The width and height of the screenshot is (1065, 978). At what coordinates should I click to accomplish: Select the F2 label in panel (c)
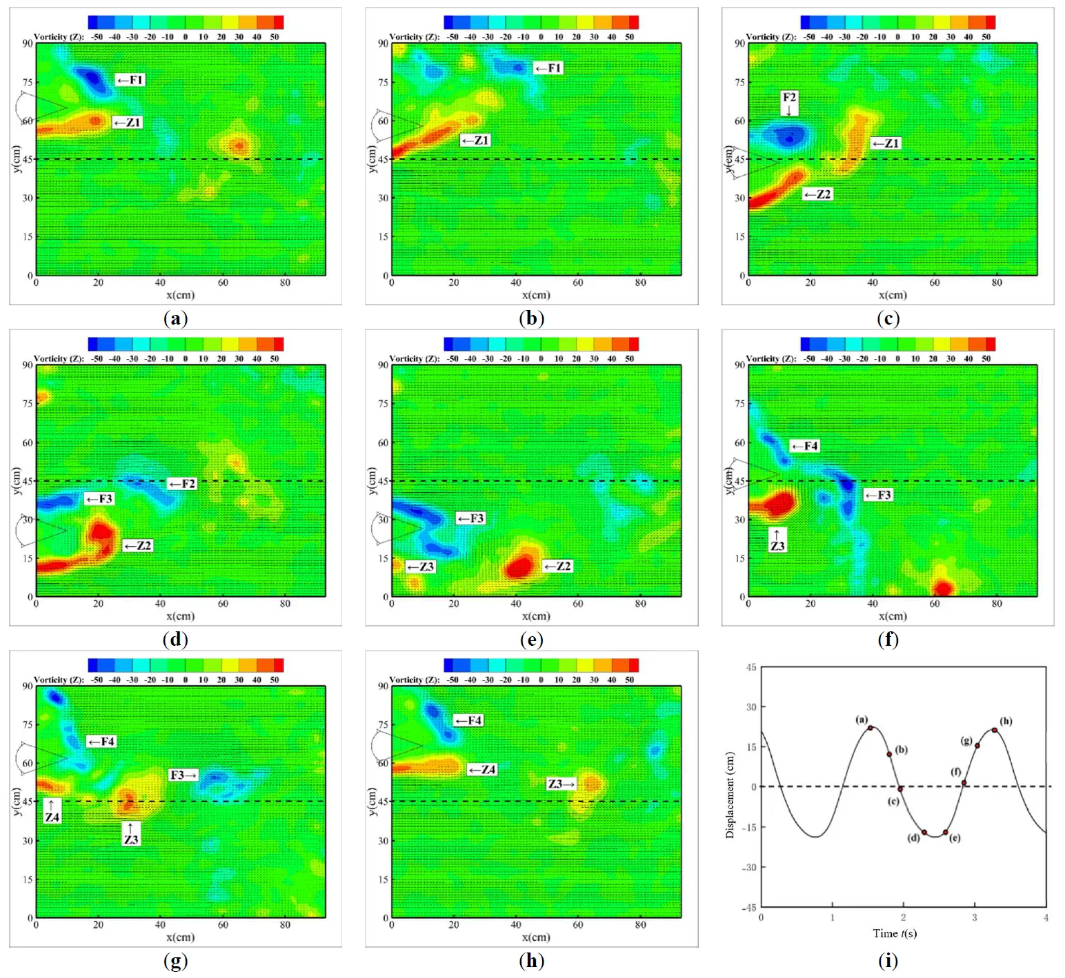(x=789, y=98)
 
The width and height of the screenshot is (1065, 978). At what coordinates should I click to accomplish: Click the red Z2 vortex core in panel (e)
(x=519, y=567)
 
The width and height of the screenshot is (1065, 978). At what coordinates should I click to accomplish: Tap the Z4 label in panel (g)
(x=52, y=817)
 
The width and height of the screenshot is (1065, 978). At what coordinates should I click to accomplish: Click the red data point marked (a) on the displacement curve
(x=870, y=728)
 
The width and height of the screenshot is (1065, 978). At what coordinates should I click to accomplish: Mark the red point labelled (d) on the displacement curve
(x=924, y=832)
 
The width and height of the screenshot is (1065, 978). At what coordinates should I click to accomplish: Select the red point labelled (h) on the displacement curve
(x=994, y=730)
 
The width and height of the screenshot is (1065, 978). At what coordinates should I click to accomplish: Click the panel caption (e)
(x=531, y=640)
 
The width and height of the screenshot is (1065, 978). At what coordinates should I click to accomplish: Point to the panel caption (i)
(x=888, y=961)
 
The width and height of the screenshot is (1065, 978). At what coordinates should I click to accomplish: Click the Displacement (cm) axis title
(x=730, y=795)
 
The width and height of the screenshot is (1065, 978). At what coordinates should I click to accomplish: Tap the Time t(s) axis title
(x=895, y=934)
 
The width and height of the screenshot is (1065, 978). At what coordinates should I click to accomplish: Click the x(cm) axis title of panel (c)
(x=892, y=295)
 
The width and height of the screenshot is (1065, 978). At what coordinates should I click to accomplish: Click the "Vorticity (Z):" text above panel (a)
(x=59, y=37)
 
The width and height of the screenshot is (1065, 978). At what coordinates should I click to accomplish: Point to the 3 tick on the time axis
(x=975, y=917)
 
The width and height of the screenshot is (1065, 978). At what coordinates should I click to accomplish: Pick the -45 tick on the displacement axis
(x=749, y=907)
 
